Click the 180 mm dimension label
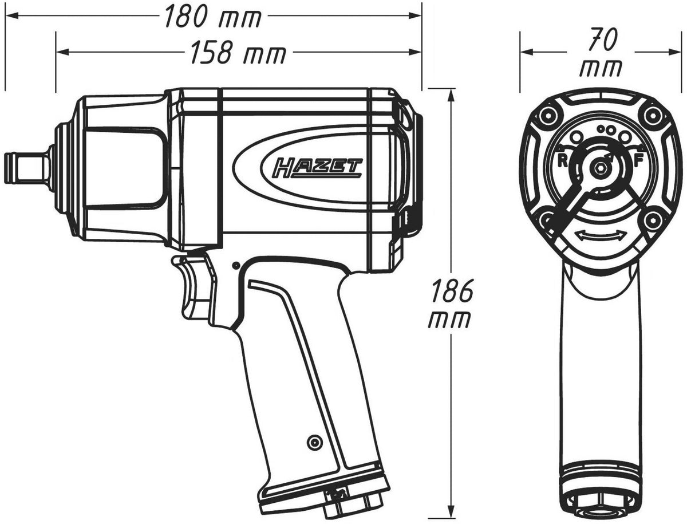pyautogui.click(x=212, y=18)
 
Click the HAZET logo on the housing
pyautogui.click(x=312, y=167)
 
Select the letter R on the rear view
pyautogui.click(x=564, y=160)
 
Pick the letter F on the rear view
pyautogui.click(x=638, y=160)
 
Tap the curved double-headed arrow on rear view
pyautogui.click(x=600, y=236)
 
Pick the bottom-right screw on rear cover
pyautogui.click(x=652, y=219)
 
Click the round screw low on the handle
pyautogui.click(x=313, y=442)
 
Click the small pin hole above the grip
pyautogui.click(x=235, y=265)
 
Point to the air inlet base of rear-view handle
pyautogui.click(x=600, y=504)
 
